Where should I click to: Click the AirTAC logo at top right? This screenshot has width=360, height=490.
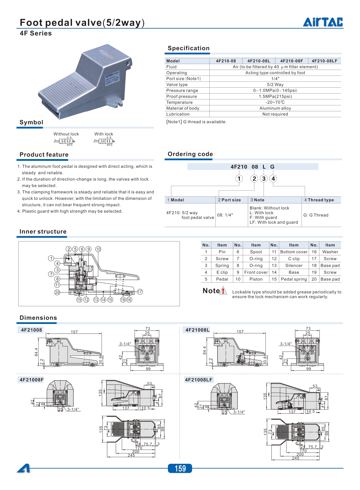(x=323, y=22)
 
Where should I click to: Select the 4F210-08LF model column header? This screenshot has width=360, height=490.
(x=324, y=61)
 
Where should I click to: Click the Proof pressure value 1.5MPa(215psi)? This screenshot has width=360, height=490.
(x=275, y=96)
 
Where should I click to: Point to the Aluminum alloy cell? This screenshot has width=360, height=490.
(x=275, y=108)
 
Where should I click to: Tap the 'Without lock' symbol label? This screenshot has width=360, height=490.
(x=66, y=134)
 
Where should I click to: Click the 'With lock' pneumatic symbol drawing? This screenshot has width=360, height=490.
(x=105, y=141)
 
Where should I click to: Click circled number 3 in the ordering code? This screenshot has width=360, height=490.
(x=264, y=179)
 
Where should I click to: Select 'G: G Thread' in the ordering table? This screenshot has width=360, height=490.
(x=316, y=215)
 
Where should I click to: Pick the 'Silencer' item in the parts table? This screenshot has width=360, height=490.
(x=294, y=265)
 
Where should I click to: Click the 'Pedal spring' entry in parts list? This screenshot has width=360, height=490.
(x=294, y=279)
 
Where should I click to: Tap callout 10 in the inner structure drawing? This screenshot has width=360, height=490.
(x=98, y=249)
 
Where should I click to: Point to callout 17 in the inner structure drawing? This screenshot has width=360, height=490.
(x=140, y=292)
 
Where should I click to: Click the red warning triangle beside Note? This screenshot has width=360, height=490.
(x=223, y=291)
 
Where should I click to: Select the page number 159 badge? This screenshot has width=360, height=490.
(x=180, y=468)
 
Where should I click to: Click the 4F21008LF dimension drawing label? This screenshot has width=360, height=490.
(x=199, y=380)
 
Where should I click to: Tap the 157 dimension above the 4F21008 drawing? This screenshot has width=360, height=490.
(x=74, y=332)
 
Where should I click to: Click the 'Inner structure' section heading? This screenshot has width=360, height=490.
(x=43, y=232)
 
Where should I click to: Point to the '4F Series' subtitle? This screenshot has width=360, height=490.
(x=36, y=34)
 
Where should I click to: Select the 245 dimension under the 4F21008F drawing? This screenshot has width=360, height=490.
(x=131, y=455)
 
